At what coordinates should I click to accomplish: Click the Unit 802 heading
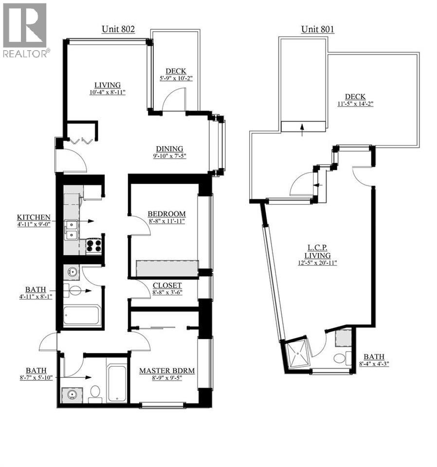118,29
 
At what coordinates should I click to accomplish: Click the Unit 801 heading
317,29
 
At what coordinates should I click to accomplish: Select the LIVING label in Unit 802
107,84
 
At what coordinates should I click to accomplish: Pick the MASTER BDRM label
167,371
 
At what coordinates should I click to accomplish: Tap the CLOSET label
167,285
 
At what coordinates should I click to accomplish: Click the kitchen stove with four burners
94,245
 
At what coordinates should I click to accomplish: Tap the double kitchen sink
71,230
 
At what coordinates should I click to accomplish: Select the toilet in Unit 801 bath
340,359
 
